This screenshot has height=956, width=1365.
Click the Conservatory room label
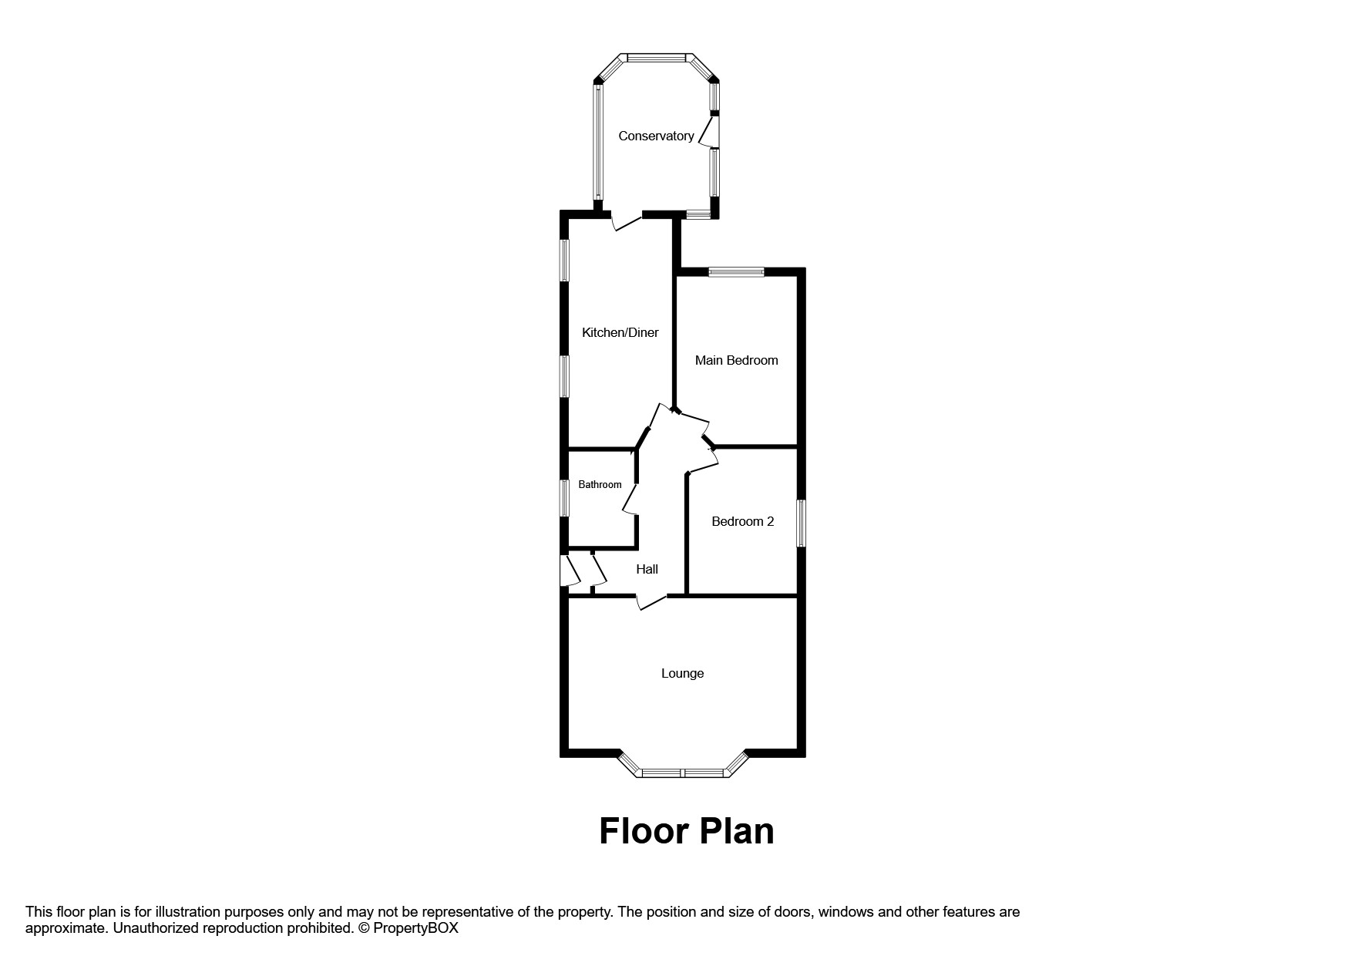[656, 136]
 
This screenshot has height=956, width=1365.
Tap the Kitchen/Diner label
[620, 332]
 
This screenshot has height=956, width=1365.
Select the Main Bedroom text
[736, 360]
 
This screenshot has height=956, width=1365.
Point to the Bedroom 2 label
[742, 521]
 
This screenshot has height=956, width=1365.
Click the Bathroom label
[600, 484]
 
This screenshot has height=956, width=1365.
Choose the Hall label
[647, 569]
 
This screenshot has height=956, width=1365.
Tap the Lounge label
[682, 673]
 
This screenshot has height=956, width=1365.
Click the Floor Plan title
[686, 831]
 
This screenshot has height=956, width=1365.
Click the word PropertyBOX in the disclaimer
[415, 928]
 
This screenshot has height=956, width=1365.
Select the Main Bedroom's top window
[736, 271]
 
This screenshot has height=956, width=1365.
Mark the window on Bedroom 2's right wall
[801, 523]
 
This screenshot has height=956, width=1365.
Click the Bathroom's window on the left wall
[564, 498]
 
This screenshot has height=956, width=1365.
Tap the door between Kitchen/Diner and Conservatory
[626, 222]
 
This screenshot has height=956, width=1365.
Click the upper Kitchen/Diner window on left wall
[564, 260]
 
